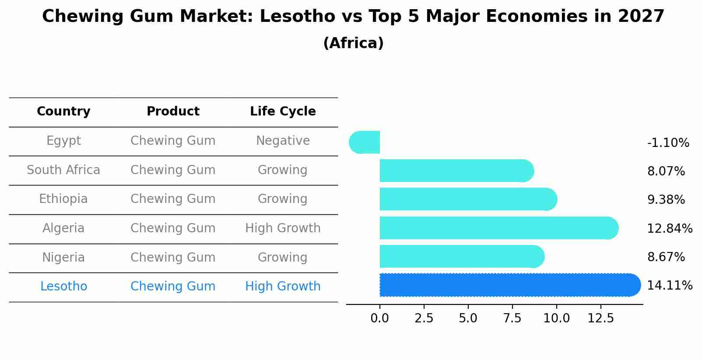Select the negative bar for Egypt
click(365, 142)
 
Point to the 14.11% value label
click(670, 286)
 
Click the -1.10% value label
click(668, 143)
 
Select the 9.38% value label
click(666, 200)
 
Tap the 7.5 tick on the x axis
click(512, 318)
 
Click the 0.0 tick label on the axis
click(379, 318)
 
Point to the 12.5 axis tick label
click(600, 318)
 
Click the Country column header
click(63, 112)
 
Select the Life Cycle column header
click(283, 112)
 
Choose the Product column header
click(173, 112)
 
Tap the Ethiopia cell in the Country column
click(63, 199)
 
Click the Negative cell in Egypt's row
click(283, 141)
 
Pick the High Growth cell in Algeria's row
click(283, 228)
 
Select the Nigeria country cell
click(63, 257)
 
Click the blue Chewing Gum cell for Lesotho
click(173, 287)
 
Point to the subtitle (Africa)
click(353, 43)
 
